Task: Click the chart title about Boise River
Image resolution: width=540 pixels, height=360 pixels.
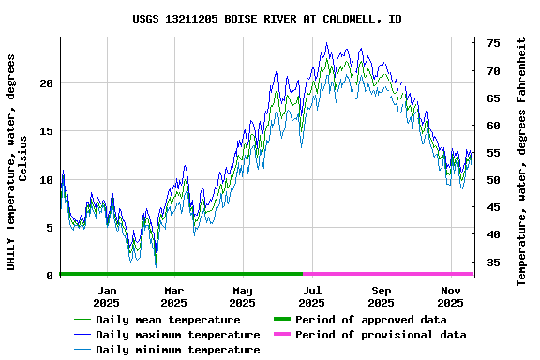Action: [267, 19]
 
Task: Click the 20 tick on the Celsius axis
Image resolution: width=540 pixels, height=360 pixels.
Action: [47, 83]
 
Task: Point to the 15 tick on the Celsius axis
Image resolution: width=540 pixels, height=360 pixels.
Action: [47, 131]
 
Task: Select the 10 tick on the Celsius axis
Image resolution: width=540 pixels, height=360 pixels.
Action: [47, 179]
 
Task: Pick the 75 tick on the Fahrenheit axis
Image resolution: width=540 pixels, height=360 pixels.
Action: [493, 43]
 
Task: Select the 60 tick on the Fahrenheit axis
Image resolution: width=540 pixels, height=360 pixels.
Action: [493, 126]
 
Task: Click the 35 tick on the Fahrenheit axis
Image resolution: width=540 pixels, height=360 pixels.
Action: [493, 262]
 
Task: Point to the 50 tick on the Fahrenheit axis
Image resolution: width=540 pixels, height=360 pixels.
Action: [493, 180]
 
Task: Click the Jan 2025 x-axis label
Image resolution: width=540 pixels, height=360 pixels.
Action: [106, 296]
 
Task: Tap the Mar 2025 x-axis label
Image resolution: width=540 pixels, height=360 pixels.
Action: [173, 296]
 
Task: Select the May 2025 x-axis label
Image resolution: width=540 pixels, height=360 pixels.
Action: [243, 296]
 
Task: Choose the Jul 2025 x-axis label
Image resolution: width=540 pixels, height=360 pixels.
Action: [312, 296]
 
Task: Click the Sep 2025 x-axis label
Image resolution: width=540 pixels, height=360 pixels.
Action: [382, 296]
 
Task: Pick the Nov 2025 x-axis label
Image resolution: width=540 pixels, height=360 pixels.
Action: [451, 296]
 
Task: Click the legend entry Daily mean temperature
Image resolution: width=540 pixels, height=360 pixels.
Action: [168, 320]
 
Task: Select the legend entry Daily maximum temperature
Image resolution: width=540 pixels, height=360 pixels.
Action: [177, 335]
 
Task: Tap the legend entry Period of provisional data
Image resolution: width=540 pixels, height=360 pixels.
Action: [381, 335]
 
